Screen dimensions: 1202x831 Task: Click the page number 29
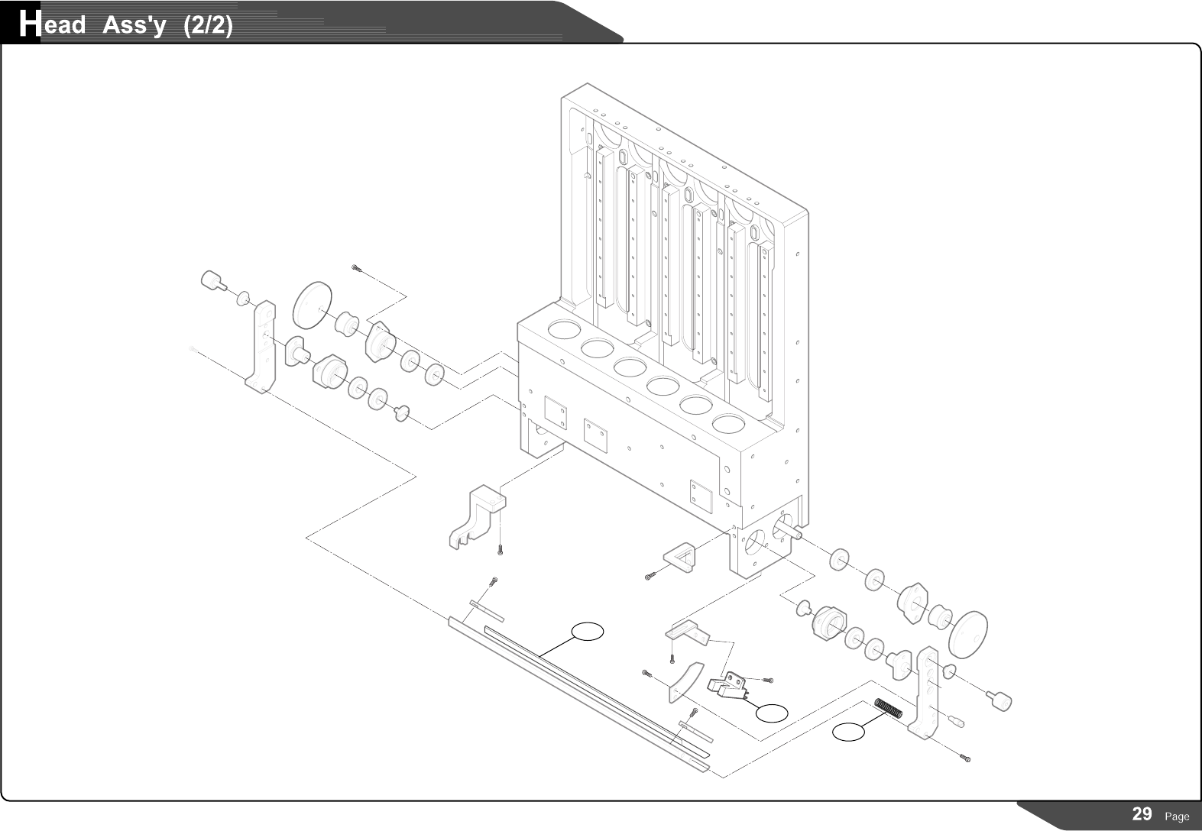pos(1142,813)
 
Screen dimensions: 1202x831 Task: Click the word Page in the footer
pos(1177,816)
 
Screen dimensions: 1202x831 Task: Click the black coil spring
pos(888,709)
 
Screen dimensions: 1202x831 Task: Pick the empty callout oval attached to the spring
pos(848,732)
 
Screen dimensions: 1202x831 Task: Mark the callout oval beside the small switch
pos(772,713)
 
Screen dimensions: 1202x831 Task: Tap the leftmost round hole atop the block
pos(563,330)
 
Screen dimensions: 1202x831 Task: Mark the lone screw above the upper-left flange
pos(355,267)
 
